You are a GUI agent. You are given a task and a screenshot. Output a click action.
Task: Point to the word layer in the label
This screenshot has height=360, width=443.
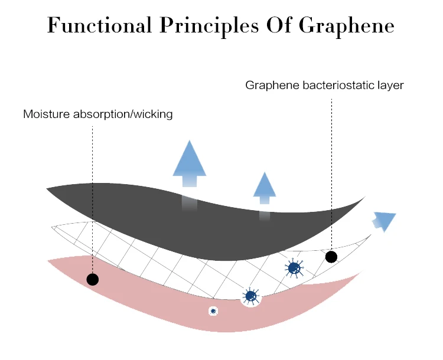tap(389, 86)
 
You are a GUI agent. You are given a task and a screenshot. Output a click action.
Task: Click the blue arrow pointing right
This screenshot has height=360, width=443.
tap(385, 221)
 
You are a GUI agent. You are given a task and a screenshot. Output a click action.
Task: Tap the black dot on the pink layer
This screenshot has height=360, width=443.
tap(92, 279)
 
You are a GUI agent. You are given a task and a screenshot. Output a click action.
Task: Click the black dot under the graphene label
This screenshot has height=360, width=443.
tap(331, 257)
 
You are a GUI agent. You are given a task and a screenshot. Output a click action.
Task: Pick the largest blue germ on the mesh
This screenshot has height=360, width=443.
tap(294, 269)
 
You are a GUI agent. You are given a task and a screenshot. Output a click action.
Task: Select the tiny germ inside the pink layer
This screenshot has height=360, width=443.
tap(213, 310)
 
